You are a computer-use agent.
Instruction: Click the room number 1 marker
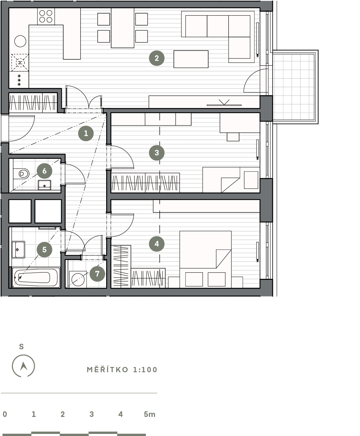[86, 133]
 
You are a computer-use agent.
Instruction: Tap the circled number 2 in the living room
[156, 58]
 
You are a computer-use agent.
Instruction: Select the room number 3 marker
[156, 153]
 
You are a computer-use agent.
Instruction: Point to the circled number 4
[156, 244]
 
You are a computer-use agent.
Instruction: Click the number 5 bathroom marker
[44, 249]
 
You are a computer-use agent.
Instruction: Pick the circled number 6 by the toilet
[44, 171]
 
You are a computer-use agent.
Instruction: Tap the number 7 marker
[97, 274]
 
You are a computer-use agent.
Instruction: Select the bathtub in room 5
[36, 277]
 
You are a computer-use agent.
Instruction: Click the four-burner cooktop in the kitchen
[46, 16]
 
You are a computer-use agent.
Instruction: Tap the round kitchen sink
[20, 41]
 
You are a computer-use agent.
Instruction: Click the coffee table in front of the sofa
[191, 59]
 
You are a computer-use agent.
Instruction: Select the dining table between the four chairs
[123, 28]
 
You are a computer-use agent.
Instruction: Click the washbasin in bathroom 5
[18, 249]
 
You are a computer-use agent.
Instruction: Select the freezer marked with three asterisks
[19, 80]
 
